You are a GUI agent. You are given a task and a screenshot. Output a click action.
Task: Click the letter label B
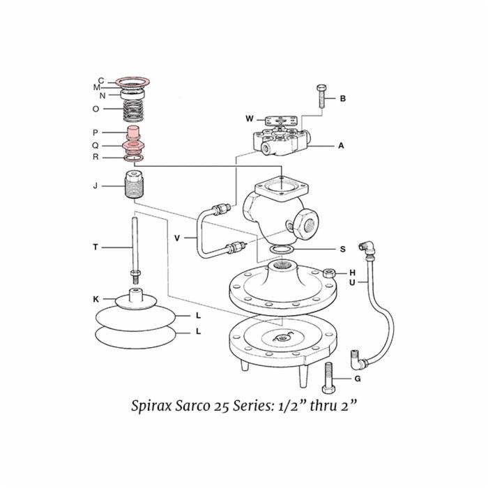[x=342, y=98]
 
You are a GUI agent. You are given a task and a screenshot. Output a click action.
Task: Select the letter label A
[x=341, y=146]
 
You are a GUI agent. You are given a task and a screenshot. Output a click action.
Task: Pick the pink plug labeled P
[x=133, y=132]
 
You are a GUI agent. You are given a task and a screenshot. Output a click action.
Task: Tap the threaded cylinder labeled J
[x=133, y=186]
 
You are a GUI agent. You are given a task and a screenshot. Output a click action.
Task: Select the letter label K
[x=96, y=299]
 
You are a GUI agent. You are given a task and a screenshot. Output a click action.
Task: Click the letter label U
[x=352, y=282]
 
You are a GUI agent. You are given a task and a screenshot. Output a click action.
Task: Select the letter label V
[x=177, y=238]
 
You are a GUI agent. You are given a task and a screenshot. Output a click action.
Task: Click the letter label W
[x=249, y=118]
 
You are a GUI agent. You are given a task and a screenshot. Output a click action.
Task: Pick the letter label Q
[x=96, y=146]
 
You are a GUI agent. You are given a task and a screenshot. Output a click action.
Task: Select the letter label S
[x=342, y=249]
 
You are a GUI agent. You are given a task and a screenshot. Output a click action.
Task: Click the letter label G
[x=357, y=379]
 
